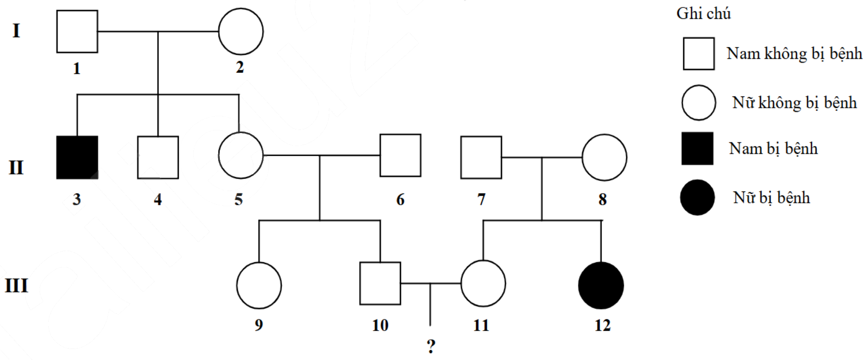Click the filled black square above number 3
(x=77, y=157)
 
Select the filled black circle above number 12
(x=601, y=285)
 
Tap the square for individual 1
(x=77, y=31)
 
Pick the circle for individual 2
(x=241, y=32)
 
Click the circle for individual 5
(x=241, y=155)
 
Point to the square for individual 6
(x=400, y=155)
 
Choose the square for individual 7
(x=481, y=157)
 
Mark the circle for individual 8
(x=604, y=157)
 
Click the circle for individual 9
(x=259, y=285)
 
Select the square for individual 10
(x=380, y=283)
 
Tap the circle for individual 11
(x=483, y=283)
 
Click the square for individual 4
(x=158, y=157)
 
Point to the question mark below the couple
(x=431, y=346)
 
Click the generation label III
(x=17, y=286)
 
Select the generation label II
(x=16, y=168)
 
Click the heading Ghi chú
(x=703, y=14)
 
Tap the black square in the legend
(x=698, y=149)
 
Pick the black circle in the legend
(x=698, y=197)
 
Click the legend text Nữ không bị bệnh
(x=794, y=102)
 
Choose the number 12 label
(x=602, y=326)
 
